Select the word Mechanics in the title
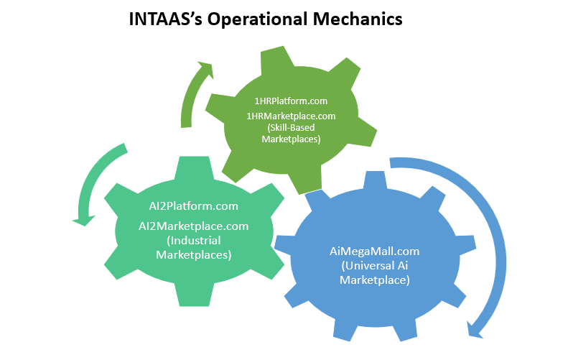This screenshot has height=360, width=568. [363, 19]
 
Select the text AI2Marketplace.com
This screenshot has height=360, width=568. [193, 226]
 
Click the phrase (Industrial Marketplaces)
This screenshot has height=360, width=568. [193, 247]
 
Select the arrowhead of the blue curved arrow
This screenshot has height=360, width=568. [475, 329]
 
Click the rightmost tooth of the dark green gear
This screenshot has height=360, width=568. [366, 133]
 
